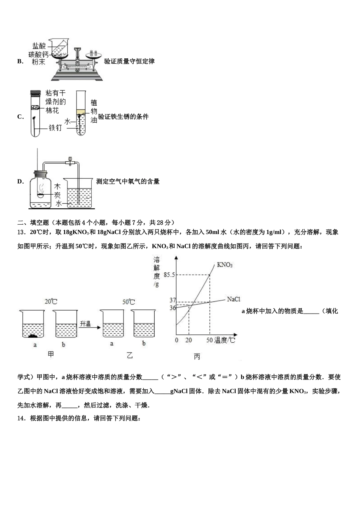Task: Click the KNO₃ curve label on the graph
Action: (x=224, y=265)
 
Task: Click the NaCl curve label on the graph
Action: (x=233, y=299)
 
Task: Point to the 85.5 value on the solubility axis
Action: (x=169, y=275)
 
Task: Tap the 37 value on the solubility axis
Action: (x=173, y=300)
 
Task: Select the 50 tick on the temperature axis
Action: (x=210, y=340)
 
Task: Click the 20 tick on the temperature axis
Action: (x=188, y=340)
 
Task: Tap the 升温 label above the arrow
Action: (x=85, y=324)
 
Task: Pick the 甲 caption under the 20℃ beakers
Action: (x=50, y=354)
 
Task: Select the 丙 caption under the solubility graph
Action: (x=197, y=356)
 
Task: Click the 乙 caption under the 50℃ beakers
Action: (x=130, y=355)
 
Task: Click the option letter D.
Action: (x=20, y=181)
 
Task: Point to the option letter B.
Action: (x=20, y=61)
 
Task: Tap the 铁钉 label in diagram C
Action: (x=55, y=128)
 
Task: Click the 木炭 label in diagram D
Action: (x=57, y=191)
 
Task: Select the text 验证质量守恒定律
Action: (x=129, y=61)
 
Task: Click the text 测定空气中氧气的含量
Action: (x=128, y=181)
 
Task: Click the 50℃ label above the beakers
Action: (x=128, y=302)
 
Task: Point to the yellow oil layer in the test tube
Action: (x=81, y=112)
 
